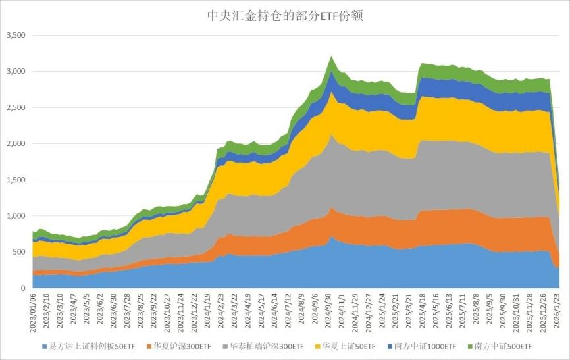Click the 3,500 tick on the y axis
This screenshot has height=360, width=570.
(14, 35)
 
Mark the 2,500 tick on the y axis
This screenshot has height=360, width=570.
(14, 107)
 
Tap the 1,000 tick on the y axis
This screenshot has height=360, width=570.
(14, 216)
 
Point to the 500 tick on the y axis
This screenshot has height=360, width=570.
(18, 252)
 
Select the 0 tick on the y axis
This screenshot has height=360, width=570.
(22, 288)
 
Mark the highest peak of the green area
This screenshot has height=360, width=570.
(332, 57)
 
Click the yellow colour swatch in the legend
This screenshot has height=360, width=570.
(311, 346)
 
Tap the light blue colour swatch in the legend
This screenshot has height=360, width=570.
(44, 346)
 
